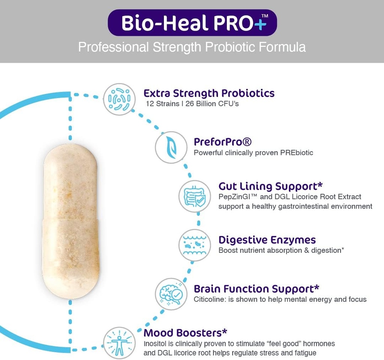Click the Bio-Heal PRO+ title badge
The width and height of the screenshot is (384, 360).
coord(192,23)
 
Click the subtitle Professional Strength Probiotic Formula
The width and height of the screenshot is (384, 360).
coord(192,47)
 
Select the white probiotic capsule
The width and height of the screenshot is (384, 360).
coord(71,221)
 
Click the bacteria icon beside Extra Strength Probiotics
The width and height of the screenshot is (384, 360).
coord(119,99)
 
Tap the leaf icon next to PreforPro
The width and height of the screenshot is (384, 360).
coord(171,147)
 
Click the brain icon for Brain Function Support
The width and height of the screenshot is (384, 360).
coord(171,294)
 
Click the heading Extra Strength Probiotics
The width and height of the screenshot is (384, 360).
coord(209,93)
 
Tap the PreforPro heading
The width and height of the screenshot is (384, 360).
coord(222,142)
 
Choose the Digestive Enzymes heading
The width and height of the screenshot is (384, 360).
coord(267,240)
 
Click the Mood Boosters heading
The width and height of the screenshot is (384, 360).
coord(186,333)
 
